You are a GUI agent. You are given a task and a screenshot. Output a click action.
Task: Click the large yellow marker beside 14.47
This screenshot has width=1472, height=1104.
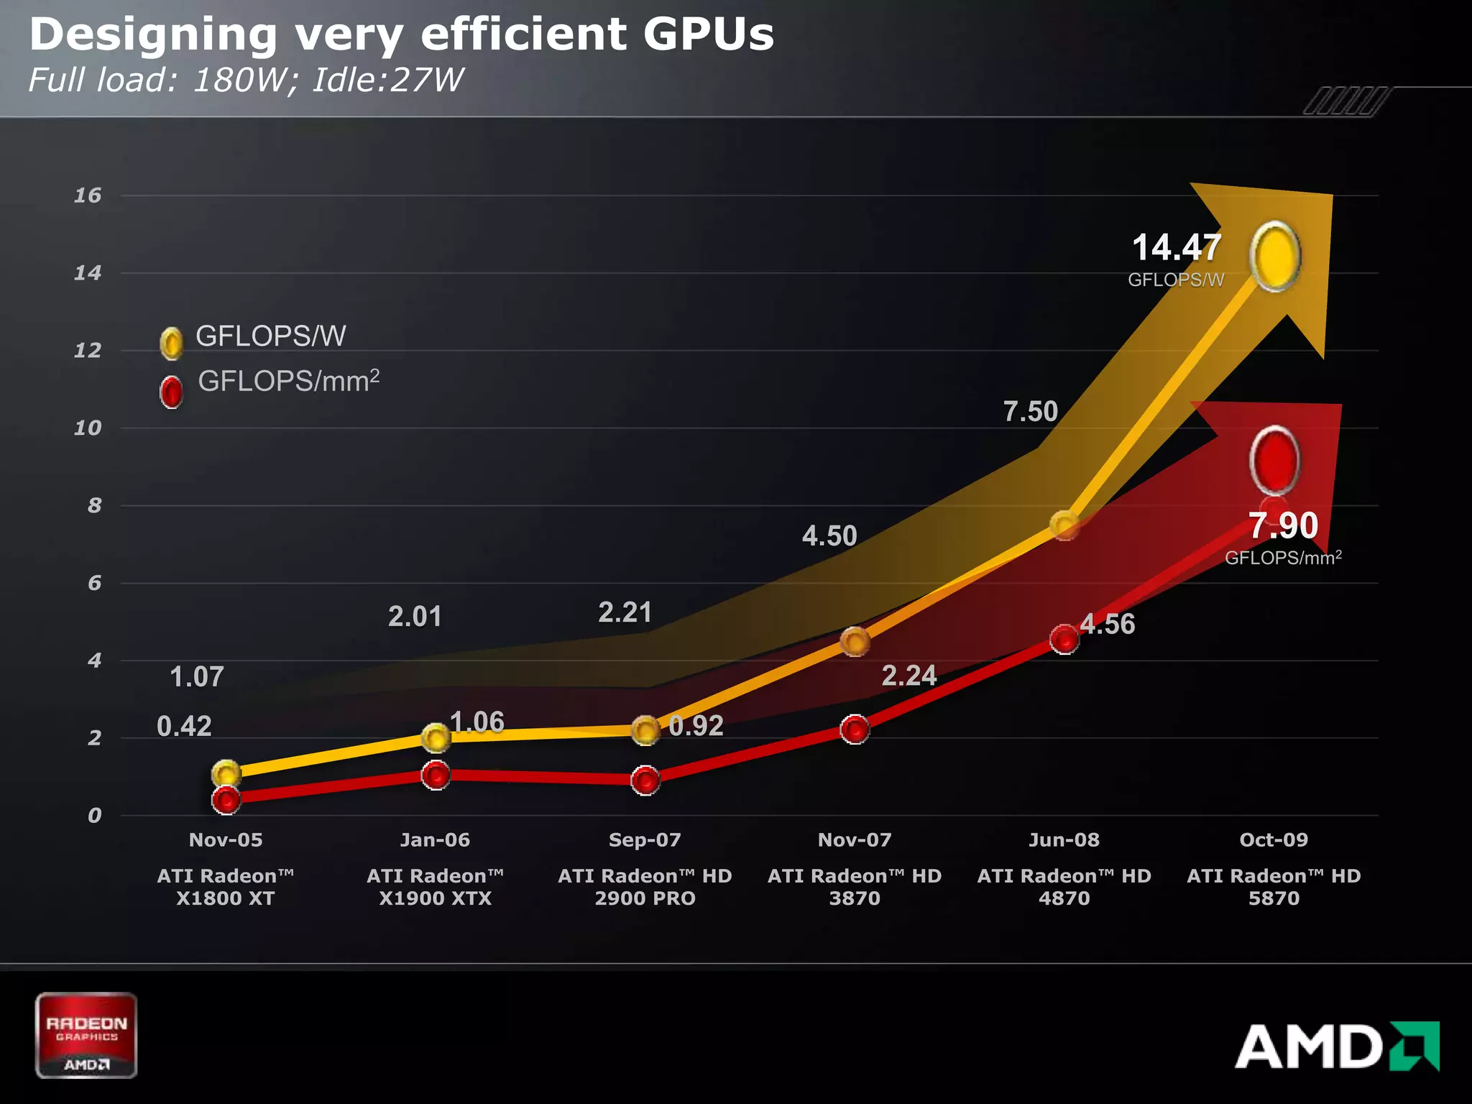(x=1275, y=257)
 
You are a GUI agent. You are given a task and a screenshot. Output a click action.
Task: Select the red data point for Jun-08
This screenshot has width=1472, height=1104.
(x=1064, y=638)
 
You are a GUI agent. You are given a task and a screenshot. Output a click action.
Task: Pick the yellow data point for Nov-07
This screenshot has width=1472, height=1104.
(x=855, y=641)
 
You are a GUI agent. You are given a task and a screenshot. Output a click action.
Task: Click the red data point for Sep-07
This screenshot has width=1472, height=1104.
(x=645, y=780)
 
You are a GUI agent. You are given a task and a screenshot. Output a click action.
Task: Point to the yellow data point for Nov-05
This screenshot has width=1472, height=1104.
(x=226, y=773)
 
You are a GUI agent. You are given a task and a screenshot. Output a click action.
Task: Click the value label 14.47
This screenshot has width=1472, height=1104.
(x=1176, y=248)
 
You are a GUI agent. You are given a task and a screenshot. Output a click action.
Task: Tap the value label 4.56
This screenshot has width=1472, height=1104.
(x=1108, y=624)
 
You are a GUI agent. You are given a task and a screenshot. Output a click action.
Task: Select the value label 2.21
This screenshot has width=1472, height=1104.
(x=625, y=612)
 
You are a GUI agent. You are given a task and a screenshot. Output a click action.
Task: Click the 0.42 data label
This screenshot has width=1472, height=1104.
(x=184, y=726)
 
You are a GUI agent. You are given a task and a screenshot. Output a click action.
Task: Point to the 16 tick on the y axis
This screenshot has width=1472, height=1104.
(x=88, y=195)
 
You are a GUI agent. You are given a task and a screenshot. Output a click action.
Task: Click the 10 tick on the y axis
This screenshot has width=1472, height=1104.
(x=88, y=428)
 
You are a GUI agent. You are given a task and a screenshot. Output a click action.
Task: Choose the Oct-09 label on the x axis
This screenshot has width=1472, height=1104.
(x=1274, y=839)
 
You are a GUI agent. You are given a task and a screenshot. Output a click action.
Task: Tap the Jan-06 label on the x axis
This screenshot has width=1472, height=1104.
(x=435, y=839)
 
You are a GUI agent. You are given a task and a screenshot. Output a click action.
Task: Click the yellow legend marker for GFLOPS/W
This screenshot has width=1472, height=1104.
(x=171, y=344)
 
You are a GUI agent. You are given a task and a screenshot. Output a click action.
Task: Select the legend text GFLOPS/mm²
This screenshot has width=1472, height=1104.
(x=288, y=381)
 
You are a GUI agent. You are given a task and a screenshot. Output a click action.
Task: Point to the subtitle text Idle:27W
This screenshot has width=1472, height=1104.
(x=388, y=80)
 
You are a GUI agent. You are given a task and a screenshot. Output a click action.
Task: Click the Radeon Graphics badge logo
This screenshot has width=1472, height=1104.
(x=86, y=1035)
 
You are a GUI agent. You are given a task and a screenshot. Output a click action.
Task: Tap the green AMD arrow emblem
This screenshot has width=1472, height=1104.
(x=1414, y=1046)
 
